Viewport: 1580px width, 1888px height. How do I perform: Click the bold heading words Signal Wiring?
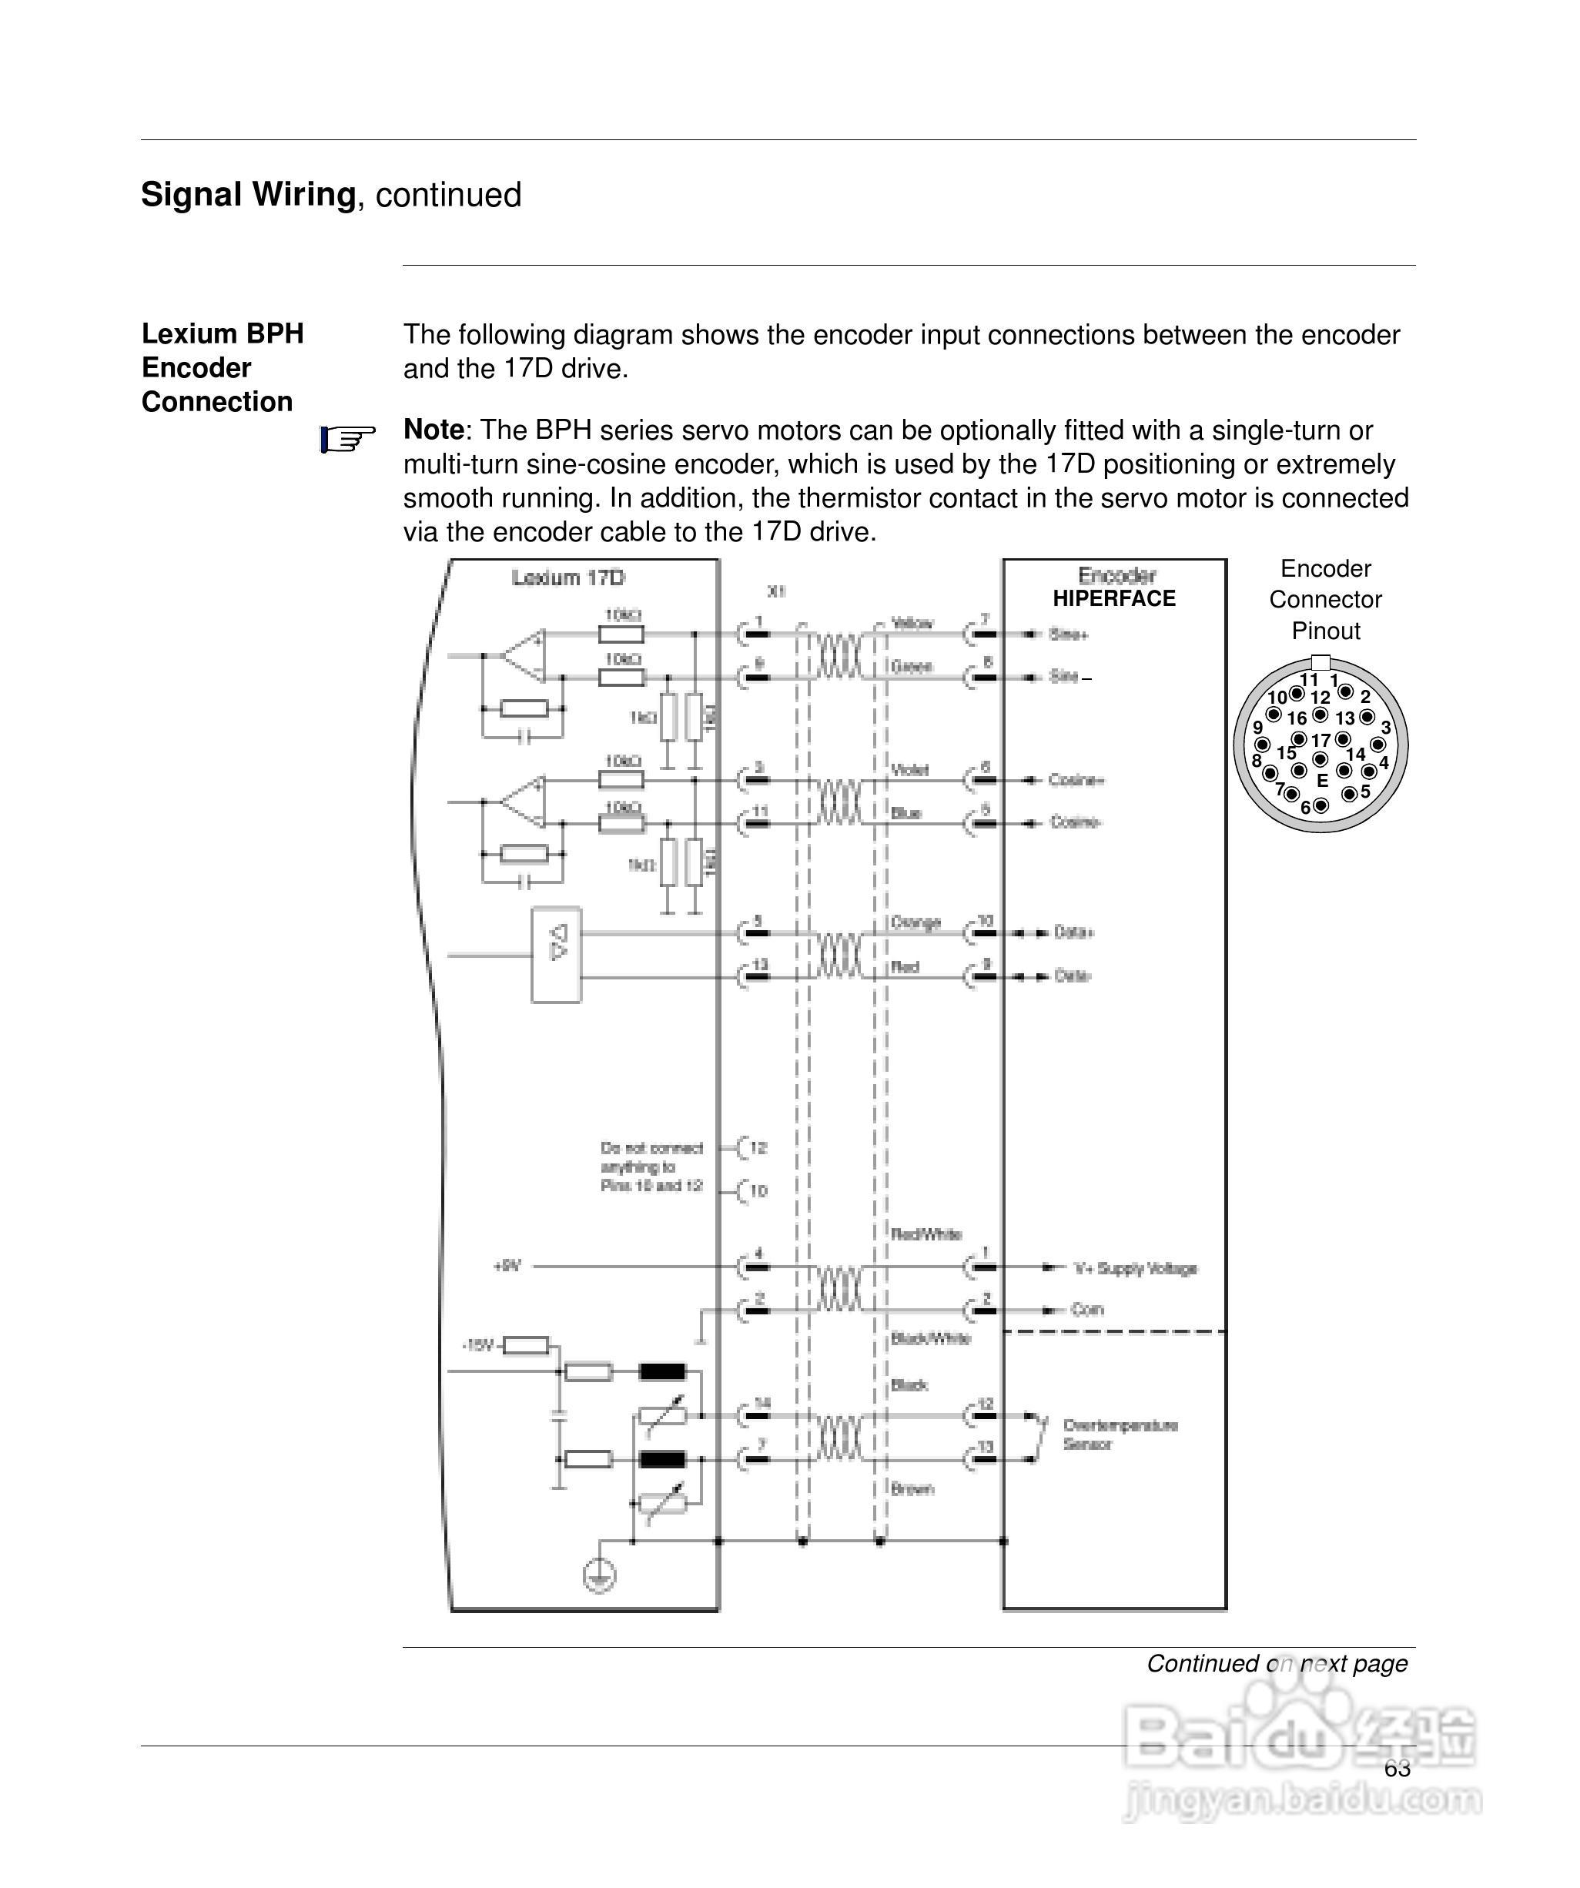[248, 195]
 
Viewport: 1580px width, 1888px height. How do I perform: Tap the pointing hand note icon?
[347, 440]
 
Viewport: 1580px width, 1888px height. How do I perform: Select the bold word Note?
[433, 430]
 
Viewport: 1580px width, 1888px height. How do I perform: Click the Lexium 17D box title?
[567, 578]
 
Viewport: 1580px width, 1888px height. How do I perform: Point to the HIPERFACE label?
[1113, 599]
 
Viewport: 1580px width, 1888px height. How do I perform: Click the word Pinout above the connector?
[1325, 631]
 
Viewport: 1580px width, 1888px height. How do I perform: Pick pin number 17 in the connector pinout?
[1320, 741]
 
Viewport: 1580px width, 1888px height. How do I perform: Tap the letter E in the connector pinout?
[1322, 780]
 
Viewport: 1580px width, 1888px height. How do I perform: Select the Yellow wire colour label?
[912, 623]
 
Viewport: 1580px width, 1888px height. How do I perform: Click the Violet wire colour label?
[909, 769]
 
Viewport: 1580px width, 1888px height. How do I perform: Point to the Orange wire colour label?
[916, 922]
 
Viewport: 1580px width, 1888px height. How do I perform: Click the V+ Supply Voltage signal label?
[1135, 1269]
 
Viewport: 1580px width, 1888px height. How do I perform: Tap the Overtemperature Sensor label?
[1120, 1435]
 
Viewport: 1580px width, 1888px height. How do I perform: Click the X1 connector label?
[776, 591]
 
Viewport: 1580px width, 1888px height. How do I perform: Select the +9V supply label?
[507, 1267]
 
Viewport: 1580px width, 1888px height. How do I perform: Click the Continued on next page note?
[1276, 1663]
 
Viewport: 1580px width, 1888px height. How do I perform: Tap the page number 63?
[1397, 1769]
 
